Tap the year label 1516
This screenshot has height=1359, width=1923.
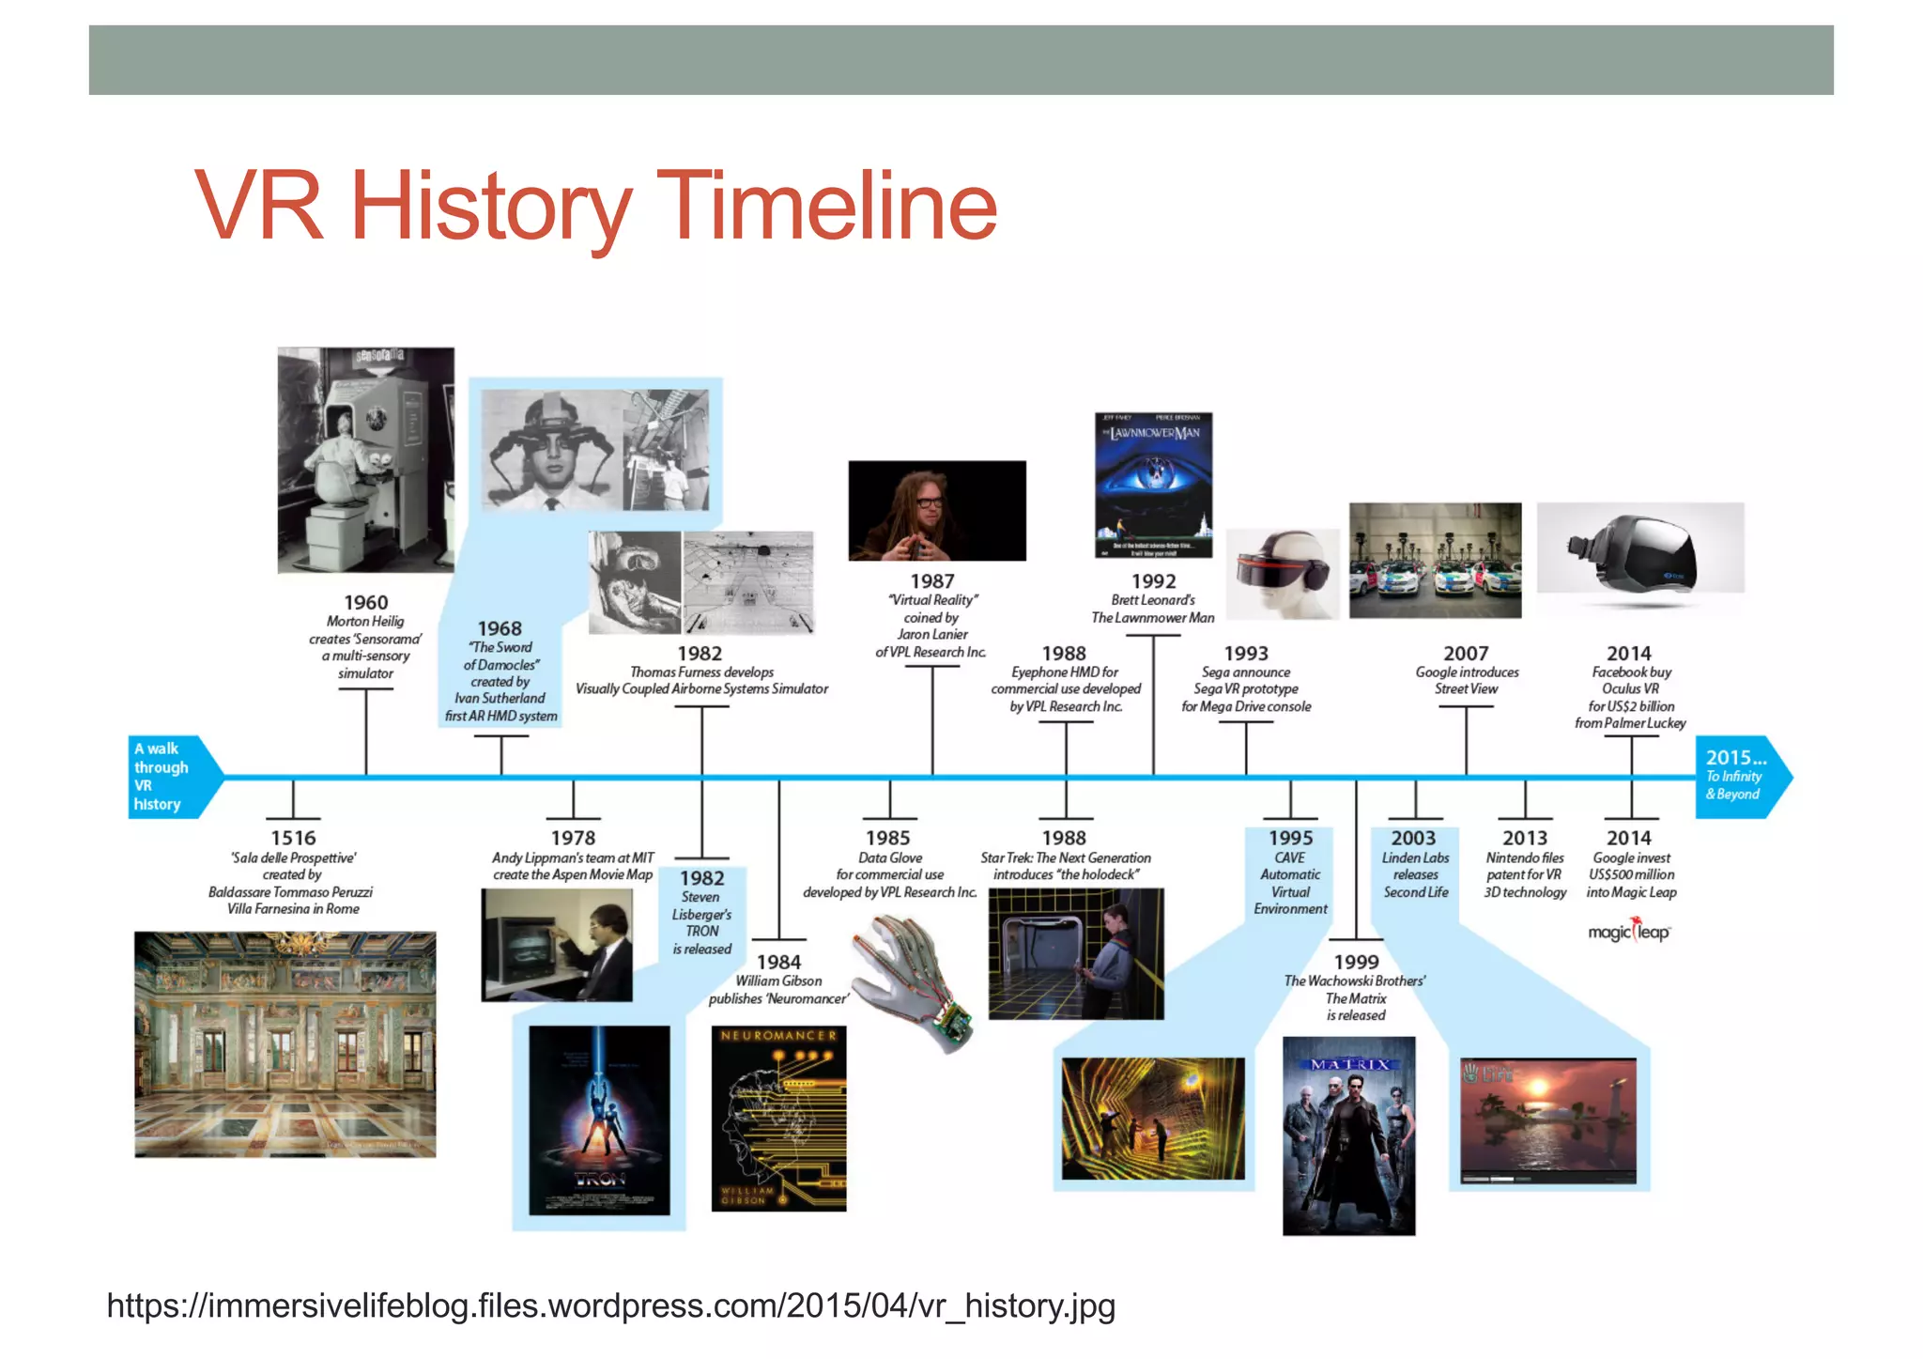(293, 838)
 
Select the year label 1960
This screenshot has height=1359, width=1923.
(365, 602)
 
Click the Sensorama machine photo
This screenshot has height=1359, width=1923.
(365, 459)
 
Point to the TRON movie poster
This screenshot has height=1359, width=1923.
(599, 1120)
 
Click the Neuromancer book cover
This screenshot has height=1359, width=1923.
(778, 1119)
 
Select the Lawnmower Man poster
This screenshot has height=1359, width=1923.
(1153, 485)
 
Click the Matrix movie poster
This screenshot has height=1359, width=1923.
(1348, 1135)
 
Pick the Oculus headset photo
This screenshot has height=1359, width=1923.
(1639, 548)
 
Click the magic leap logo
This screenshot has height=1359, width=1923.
(1629, 932)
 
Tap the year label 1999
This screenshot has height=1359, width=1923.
(1356, 962)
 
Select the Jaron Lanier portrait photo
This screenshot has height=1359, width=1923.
(936, 511)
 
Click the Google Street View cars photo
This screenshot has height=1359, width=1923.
(1435, 560)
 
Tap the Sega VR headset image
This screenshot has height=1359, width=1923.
(1283, 573)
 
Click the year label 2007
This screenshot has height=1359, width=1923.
(1466, 653)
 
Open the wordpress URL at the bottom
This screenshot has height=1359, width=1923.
(610, 1305)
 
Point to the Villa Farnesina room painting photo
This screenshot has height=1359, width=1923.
(285, 1043)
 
